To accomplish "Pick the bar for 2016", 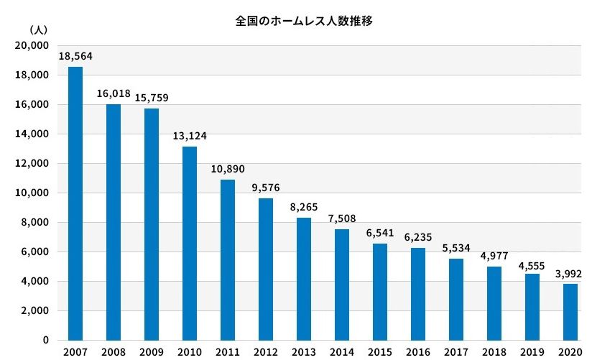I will [x=417, y=294].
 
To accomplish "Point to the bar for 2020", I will [x=570, y=312].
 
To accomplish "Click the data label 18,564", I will [x=75, y=56].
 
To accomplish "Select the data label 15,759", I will [x=152, y=98].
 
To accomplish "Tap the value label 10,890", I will [x=228, y=169].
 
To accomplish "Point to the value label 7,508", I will [x=342, y=218].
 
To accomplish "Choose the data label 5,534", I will [x=455, y=248].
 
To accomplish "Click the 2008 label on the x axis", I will [x=113, y=352].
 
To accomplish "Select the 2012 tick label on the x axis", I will [x=265, y=352].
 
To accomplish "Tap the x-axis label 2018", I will [x=494, y=352].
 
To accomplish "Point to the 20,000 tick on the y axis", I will [x=31, y=45].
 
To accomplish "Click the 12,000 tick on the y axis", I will [x=31, y=163].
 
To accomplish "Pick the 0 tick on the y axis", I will [x=45, y=340].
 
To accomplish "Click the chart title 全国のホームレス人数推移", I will [x=304, y=21].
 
